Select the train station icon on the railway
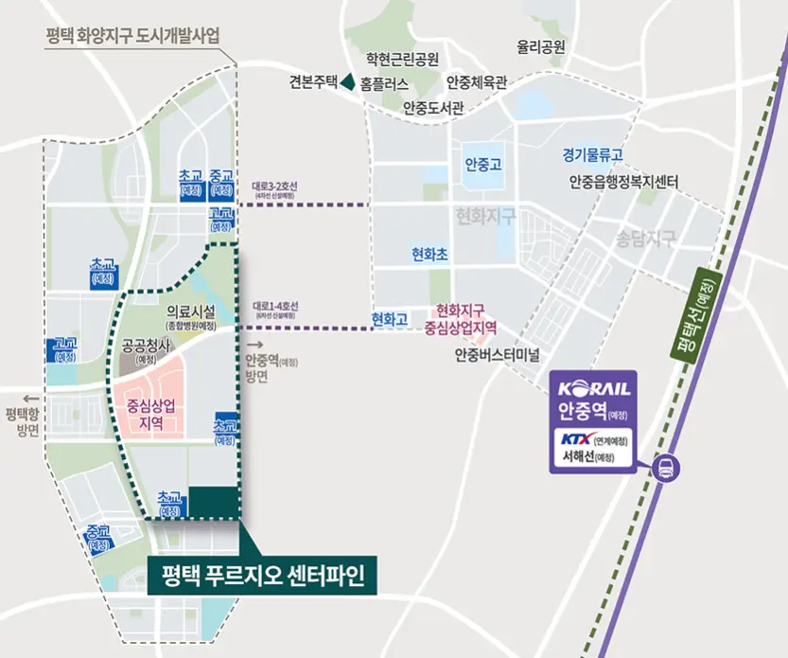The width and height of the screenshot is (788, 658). pos(664,466)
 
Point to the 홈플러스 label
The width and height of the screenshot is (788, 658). pos(385,83)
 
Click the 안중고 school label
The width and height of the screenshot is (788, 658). pos(483,163)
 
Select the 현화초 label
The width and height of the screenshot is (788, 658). pos(429,255)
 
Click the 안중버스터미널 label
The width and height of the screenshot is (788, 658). pos(496,355)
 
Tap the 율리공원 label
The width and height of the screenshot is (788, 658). pos(541,45)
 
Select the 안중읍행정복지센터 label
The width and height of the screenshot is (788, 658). pos(622,181)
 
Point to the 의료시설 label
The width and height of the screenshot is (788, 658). pos(191,311)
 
